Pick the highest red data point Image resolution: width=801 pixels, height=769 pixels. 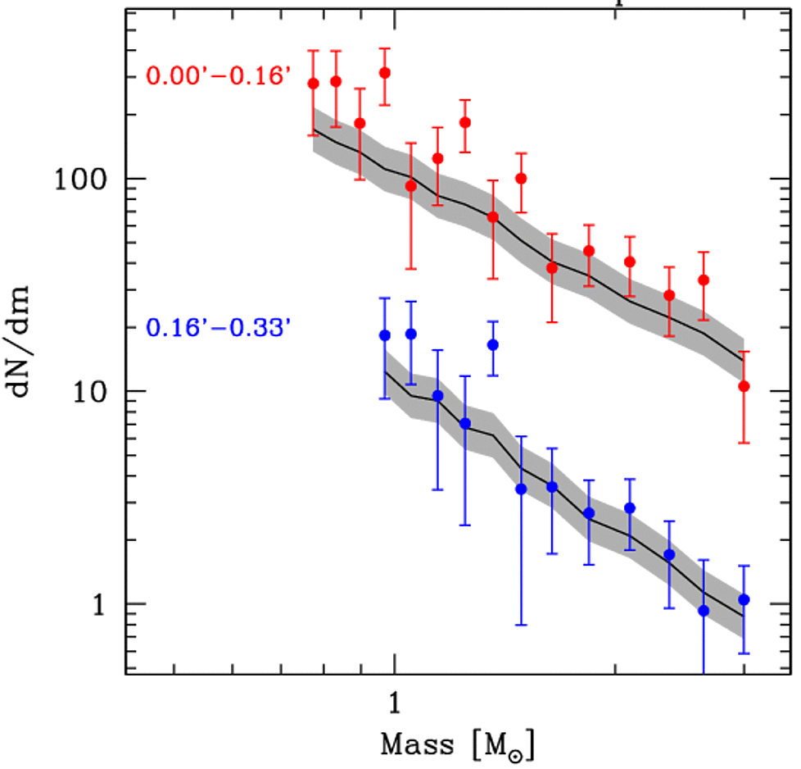click(x=385, y=73)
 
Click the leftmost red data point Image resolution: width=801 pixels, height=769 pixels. click(x=313, y=84)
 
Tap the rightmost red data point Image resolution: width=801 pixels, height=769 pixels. click(x=744, y=386)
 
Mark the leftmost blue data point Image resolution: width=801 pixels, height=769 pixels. click(x=385, y=335)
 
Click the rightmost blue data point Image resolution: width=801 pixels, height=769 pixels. click(x=744, y=600)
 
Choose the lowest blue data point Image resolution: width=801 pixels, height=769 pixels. click(x=704, y=611)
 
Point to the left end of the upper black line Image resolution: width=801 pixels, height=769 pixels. click(x=315, y=130)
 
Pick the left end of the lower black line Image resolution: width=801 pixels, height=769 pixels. click(x=385, y=372)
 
